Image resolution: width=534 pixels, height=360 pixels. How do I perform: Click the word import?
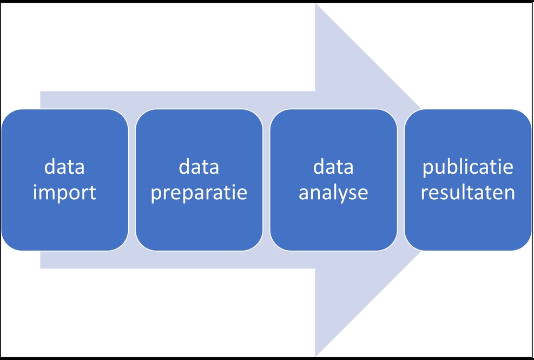click(64, 193)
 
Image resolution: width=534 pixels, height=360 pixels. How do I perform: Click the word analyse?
click(333, 193)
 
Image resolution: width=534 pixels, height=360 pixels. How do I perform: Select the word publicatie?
click(468, 167)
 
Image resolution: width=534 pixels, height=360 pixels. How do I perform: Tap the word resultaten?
click(468, 193)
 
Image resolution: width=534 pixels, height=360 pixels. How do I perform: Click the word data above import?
click(64, 167)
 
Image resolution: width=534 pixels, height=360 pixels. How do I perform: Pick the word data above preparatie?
click(199, 167)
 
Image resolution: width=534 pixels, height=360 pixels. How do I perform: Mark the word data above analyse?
click(333, 167)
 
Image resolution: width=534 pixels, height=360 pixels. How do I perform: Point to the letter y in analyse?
click(347, 195)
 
